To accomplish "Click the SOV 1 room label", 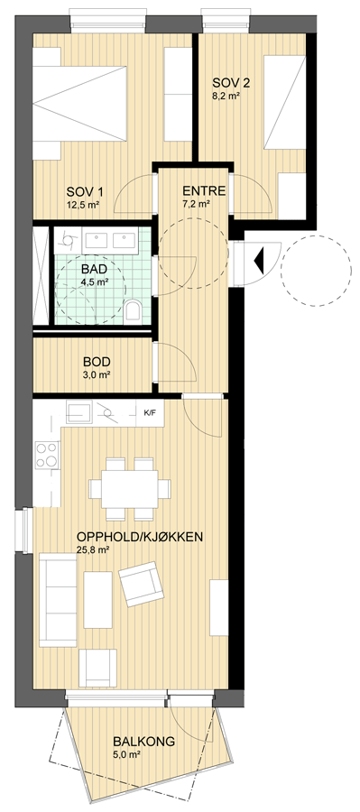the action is coord(83,190).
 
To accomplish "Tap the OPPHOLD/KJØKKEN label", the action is coord(139,537).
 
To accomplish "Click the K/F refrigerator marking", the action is coord(149,412).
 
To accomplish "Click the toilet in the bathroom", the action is coord(133,309).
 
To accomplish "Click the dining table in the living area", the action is coord(130,488).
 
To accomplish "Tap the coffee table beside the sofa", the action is coord(98,599).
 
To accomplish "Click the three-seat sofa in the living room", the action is coord(58,599).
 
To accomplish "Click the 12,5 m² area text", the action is coord(83,204).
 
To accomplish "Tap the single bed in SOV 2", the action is coord(284,103).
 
